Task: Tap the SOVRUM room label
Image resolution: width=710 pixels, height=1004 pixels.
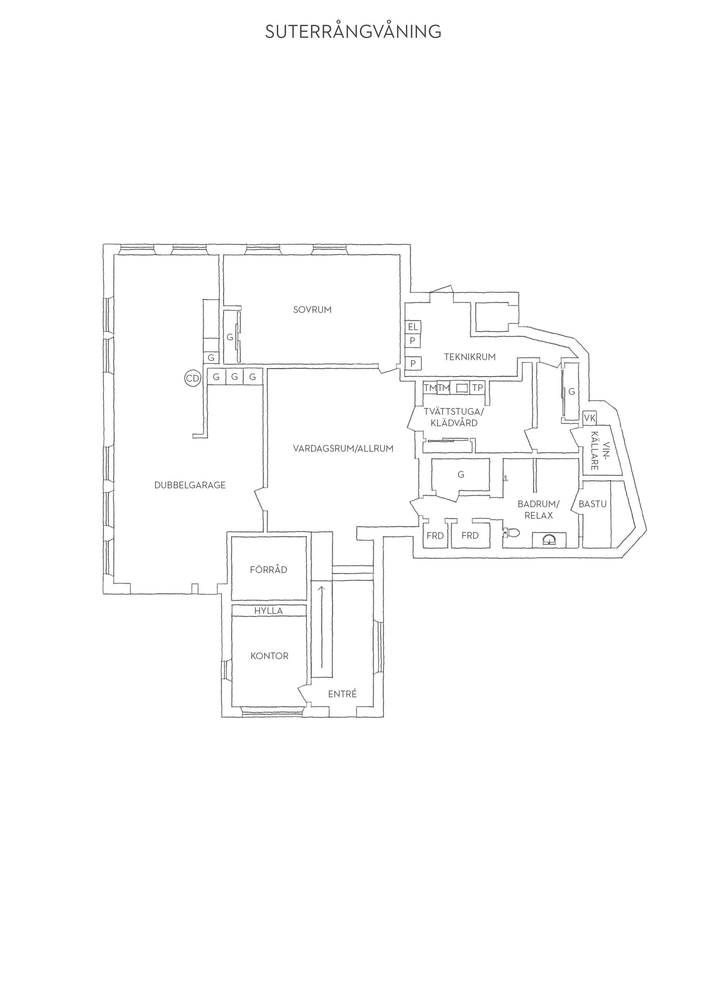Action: [312, 310]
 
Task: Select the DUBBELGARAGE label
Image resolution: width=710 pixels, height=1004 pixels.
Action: [190, 485]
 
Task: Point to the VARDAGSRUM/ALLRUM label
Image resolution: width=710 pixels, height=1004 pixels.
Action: [343, 448]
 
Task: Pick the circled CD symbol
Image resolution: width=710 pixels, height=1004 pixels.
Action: [192, 379]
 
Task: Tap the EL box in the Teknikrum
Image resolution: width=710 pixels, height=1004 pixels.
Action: [413, 327]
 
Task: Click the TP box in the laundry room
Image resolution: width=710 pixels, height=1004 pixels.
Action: [477, 388]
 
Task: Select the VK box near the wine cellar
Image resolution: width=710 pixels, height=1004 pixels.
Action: [589, 418]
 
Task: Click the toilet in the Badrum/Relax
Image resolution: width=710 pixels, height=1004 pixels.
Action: [511, 533]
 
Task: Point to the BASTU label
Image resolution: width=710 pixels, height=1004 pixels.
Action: [592, 504]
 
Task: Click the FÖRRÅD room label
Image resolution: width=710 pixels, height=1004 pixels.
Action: [268, 570]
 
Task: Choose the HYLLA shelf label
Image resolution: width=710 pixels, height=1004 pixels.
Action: [268, 611]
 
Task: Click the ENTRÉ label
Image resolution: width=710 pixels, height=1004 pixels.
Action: [342, 694]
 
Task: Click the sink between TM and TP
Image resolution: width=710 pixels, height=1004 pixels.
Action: [462, 388]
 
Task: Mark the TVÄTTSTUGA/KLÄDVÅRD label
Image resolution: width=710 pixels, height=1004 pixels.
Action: [454, 418]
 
